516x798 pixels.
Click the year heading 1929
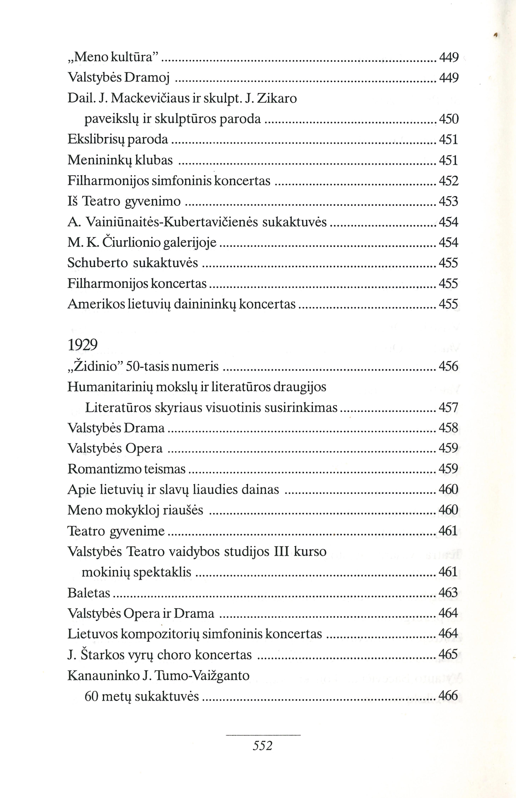(82, 345)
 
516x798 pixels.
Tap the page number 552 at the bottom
(263, 746)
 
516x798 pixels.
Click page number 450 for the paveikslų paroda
(448, 119)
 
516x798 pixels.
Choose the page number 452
(448, 181)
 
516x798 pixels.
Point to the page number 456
(448, 366)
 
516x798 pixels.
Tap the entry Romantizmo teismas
(126, 469)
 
